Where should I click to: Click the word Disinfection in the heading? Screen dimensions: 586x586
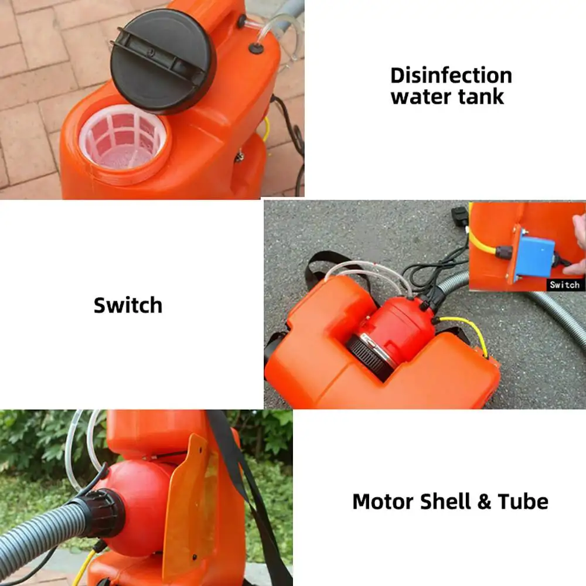pyautogui.click(x=451, y=76)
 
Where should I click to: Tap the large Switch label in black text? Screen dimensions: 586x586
pyautogui.click(x=128, y=305)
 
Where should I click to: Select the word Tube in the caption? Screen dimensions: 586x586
pyautogui.click(x=523, y=502)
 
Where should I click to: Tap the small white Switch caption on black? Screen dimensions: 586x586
pyautogui.click(x=564, y=285)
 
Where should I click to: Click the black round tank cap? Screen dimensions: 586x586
pyautogui.click(x=162, y=60)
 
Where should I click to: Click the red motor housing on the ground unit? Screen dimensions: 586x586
pyautogui.click(x=398, y=326)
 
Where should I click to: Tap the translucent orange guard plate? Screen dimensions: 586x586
pyautogui.click(x=188, y=504)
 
